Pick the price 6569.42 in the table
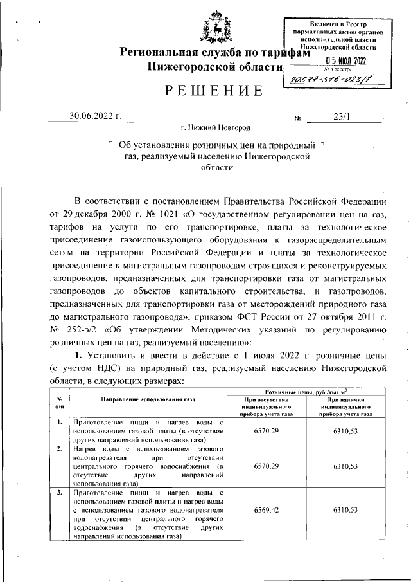[x=266, y=509]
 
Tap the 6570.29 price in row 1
[x=266, y=429]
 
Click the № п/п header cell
[x=59, y=403]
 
